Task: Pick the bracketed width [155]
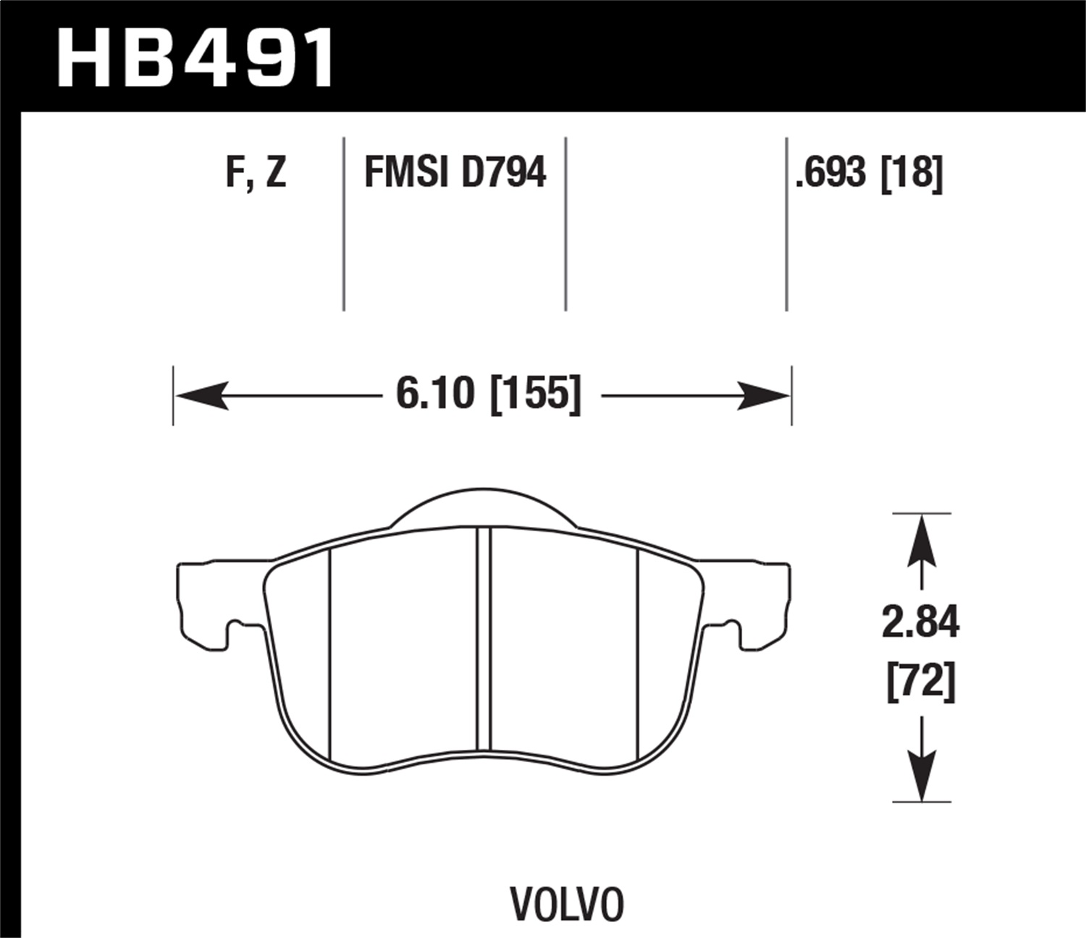click(x=536, y=395)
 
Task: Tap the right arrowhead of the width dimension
click(x=765, y=396)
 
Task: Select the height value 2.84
click(x=920, y=622)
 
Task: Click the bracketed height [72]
click(x=920, y=681)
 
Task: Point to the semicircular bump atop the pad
click(x=484, y=507)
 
